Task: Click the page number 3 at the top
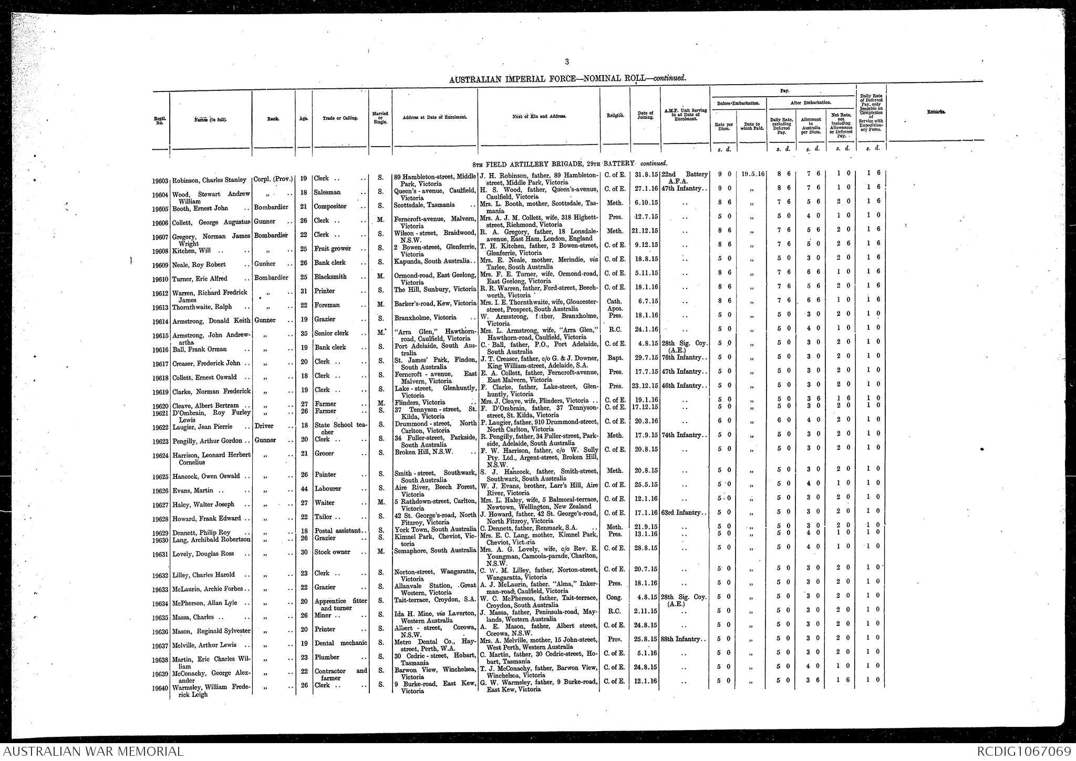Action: click(567, 62)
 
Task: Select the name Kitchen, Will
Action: click(191, 251)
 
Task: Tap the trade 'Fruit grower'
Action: click(332, 249)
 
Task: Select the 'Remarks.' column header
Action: click(933, 112)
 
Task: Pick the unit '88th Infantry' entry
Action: click(681, 639)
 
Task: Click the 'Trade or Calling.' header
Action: click(340, 118)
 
